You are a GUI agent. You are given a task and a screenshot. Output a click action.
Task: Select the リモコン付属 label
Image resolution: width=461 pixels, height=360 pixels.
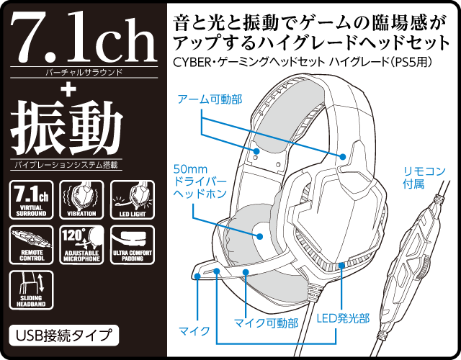[x=424, y=177]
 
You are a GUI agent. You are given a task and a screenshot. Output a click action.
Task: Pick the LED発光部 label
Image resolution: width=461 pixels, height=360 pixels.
[x=344, y=317]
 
